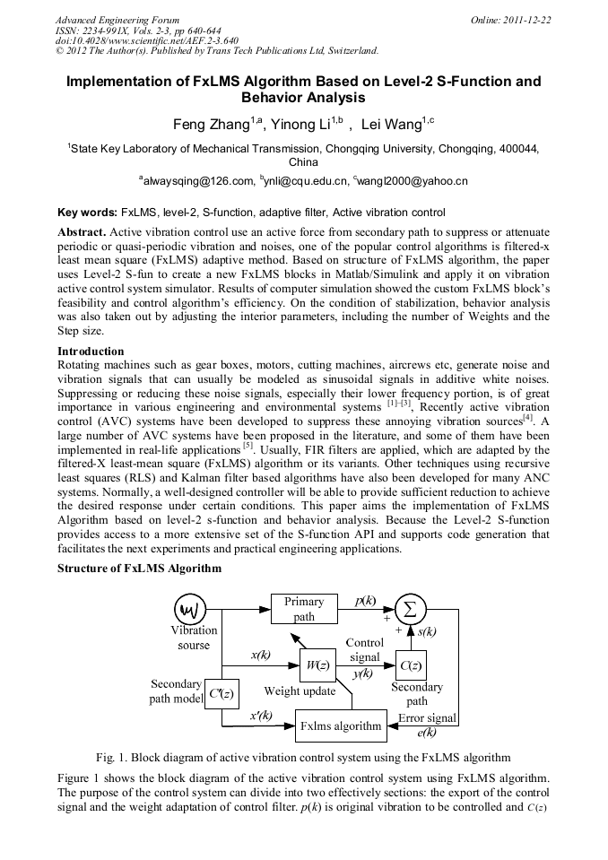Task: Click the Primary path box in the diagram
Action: pos(304,609)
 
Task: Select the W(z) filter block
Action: pos(317,665)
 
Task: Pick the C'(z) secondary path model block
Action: pos(221,692)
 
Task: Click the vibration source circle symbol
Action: pos(190,610)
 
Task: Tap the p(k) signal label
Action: pos(365,601)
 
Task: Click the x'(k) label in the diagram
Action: pos(262,715)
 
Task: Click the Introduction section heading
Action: pos(91,352)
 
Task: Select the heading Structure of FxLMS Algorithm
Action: pos(139,568)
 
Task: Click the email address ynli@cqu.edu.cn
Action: pos(305,181)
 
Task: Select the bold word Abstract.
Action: pos(81,231)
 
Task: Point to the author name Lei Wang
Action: pos(390,124)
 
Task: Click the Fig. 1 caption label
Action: pos(111,757)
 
